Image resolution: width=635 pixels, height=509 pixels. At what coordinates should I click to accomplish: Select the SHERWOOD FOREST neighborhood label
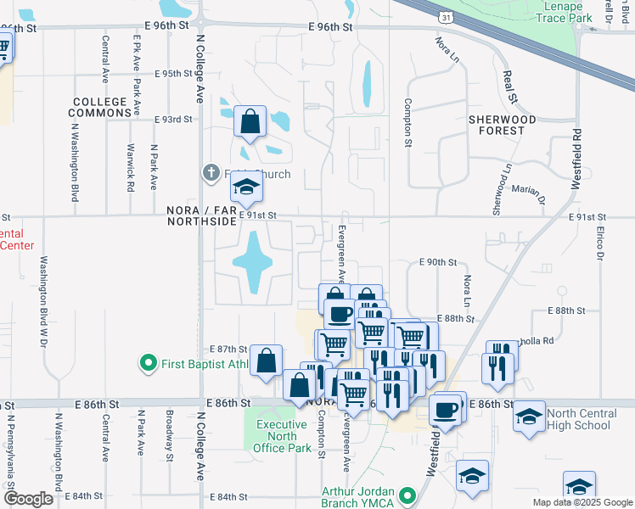(x=503, y=126)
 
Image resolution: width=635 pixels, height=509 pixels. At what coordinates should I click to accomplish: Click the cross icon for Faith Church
(x=211, y=173)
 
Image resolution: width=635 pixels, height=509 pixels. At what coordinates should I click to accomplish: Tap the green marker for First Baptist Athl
(x=149, y=364)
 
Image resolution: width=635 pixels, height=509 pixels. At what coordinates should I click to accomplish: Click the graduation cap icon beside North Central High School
(x=529, y=417)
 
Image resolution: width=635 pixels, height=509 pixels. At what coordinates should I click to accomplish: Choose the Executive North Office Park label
(x=283, y=436)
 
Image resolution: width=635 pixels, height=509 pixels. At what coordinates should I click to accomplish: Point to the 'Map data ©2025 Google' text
(x=582, y=502)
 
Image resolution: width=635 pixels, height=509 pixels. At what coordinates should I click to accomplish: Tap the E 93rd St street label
(x=174, y=120)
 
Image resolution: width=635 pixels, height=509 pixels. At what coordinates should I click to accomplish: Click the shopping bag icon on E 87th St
(x=267, y=360)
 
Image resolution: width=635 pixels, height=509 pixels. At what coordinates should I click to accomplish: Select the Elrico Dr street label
(x=599, y=243)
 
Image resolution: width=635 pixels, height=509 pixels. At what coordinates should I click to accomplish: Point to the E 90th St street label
(x=438, y=263)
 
